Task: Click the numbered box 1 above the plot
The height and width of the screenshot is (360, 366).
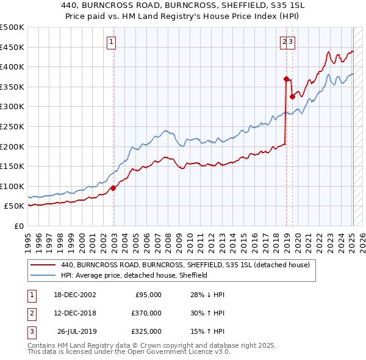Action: tap(112, 42)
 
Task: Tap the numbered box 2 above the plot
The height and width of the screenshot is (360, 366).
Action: tap(284, 42)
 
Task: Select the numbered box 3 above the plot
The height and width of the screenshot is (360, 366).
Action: tap(292, 42)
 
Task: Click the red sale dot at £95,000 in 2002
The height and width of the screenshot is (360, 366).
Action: tap(113, 188)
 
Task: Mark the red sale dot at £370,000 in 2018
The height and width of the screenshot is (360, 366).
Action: tap(285, 79)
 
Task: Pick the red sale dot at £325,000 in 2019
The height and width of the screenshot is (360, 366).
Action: tap(292, 96)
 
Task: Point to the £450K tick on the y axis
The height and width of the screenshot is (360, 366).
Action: tap(12, 47)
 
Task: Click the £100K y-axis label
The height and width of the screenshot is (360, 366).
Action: tap(12, 186)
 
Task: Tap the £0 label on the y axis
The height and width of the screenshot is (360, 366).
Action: tap(18, 226)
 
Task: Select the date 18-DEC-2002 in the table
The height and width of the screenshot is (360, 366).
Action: tap(75, 295)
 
